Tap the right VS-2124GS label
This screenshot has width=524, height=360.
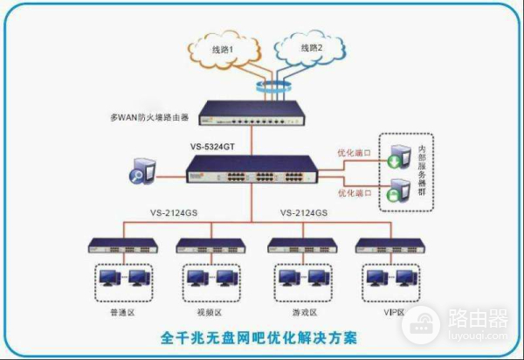click(303, 212)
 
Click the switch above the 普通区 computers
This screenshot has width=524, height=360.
click(116, 245)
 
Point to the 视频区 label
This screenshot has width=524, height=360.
click(206, 312)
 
